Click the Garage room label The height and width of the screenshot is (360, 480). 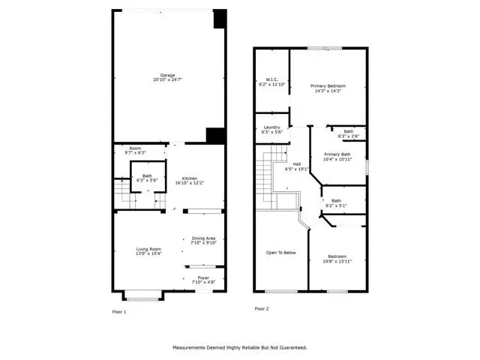click(x=167, y=75)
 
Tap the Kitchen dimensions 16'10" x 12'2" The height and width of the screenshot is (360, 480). click(x=190, y=183)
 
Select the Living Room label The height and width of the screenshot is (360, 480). click(x=148, y=249)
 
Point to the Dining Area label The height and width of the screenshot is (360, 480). click(x=203, y=238)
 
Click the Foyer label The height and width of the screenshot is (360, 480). click(x=203, y=278)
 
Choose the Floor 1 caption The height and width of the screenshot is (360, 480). click(x=119, y=312)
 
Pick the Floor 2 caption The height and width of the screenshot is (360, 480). click(x=262, y=309)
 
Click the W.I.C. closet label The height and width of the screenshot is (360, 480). click(x=272, y=79)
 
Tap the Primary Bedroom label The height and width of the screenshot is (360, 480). click(x=328, y=86)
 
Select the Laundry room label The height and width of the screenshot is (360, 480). click(x=271, y=127)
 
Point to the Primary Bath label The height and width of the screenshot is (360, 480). click(x=337, y=154)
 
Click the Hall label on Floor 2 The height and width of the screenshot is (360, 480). click(x=297, y=164)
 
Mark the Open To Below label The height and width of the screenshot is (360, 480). click(x=281, y=253)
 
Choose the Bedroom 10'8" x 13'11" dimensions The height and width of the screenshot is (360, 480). click(x=337, y=262)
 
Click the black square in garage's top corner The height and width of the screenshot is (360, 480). click(x=220, y=19)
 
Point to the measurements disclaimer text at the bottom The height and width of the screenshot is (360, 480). click(x=240, y=348)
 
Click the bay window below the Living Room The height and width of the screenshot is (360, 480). click(x=143, y=296)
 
